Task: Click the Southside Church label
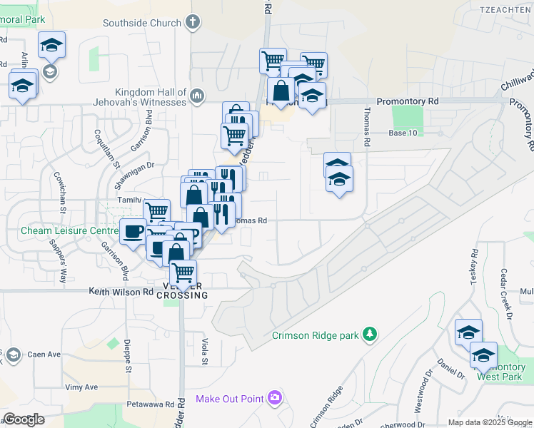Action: [141, 23]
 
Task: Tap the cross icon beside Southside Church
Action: [191, 22]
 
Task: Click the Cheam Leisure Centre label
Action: [69, 231]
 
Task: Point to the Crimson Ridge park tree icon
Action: [369, 333]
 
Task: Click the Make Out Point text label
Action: [229, 398]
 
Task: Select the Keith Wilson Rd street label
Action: [121, 292]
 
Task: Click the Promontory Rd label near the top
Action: [407, 102]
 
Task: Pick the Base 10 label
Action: [403, 133]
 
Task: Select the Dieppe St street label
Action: [129, 360]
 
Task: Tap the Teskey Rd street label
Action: [473, 268]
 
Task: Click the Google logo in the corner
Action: [24, 419]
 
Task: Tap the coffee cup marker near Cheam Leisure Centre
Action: [133, 231]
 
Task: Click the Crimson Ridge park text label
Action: [316, 335]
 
